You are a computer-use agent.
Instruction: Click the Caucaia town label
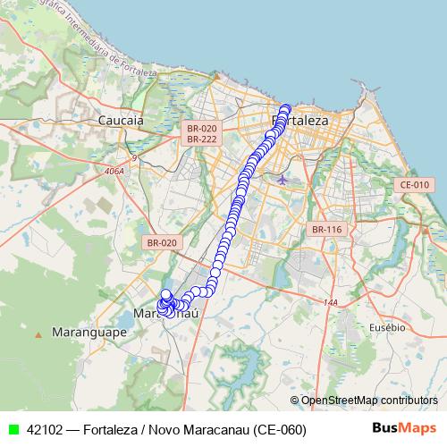click(x=121, y=119)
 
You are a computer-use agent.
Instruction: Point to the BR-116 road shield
click(x=327, y=230)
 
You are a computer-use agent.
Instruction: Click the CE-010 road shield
click(x=415, y=184)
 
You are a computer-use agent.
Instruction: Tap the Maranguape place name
click(x=89, y=331)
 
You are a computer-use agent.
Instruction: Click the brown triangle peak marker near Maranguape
click(x=38, y=334)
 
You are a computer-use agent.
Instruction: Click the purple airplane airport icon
click(x=283, y=180)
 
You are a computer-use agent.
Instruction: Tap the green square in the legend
click(x=13, y=429)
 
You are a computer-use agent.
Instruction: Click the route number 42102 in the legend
click(x=45, y=429)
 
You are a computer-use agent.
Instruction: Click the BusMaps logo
click(x=404, y=428)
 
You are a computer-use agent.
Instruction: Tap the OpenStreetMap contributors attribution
click(x=368, y=400)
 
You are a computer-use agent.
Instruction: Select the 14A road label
click(x=331, y=302)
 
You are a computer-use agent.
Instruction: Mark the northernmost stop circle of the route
click(x=286, y=109)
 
